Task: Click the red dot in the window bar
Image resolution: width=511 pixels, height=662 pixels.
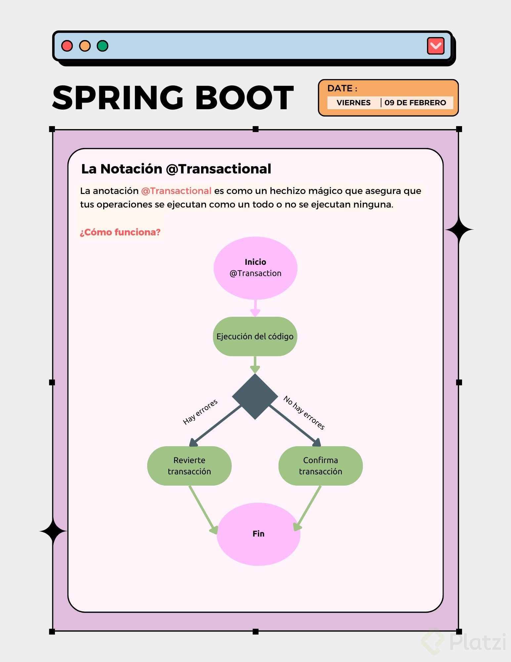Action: pos(67,46)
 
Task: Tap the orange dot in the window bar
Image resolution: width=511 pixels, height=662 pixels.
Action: pos(85,46)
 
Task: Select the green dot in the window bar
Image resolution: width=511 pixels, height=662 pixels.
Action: pos(103,46)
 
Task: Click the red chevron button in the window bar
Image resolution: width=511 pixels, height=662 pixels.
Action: pos(435,46)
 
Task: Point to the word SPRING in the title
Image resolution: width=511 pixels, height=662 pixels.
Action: pos(118,98)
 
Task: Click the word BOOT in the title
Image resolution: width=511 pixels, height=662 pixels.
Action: pos(244,98)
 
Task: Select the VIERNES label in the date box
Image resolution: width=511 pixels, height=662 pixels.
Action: pos(353,103)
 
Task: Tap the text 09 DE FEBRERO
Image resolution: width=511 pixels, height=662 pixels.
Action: pos(415,103)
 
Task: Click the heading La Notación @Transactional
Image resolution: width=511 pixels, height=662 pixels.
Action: pos(176,169)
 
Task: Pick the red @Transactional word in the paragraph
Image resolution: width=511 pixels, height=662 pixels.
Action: pos(176,191)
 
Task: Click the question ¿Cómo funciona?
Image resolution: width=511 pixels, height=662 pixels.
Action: pos(120,232)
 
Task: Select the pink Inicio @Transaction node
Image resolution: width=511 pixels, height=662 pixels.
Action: pos(255,268)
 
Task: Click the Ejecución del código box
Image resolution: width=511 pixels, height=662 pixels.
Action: pos(255,336)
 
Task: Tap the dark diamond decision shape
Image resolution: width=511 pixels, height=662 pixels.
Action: pos(255,396)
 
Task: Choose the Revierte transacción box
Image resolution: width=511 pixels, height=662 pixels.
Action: pos(189,466)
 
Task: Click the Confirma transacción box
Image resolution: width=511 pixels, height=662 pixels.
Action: pos(320,466)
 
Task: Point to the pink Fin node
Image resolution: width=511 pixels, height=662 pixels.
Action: pos(258,534)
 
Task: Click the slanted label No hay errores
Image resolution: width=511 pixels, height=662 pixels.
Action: pos(304,412)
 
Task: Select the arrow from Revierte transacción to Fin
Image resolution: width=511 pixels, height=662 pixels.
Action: pos(202,509)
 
